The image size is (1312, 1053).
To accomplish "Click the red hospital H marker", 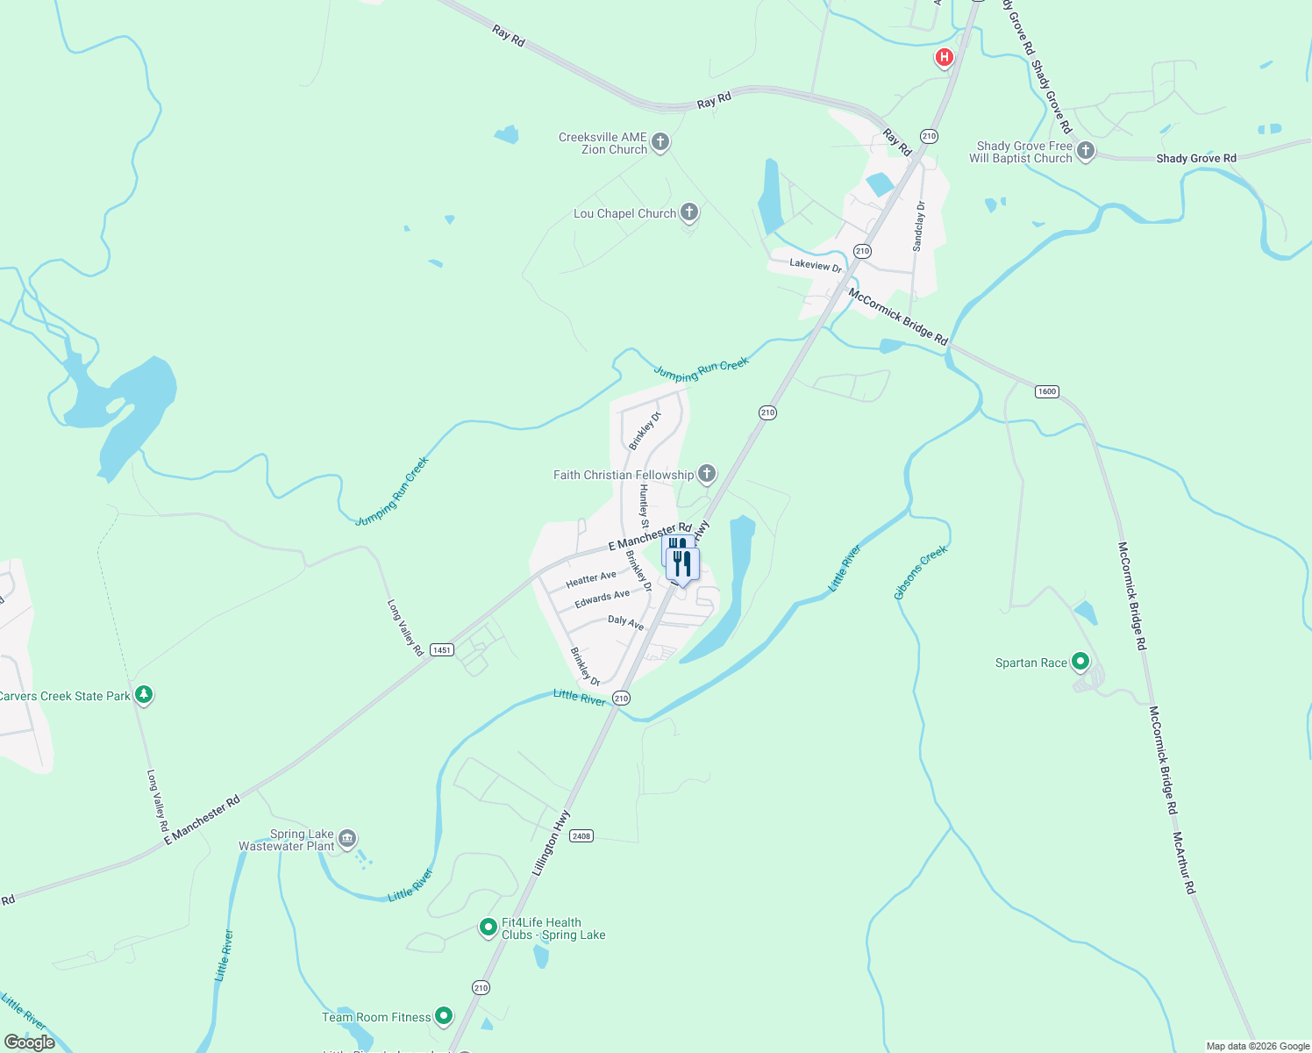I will point(944,58).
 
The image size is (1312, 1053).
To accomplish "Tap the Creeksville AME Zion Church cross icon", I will point(660,141).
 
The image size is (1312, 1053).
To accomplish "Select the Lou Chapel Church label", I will point(624,213).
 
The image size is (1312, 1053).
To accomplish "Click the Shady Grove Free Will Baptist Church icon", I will point(1085,151).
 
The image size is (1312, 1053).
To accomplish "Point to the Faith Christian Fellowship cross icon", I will point(706,474).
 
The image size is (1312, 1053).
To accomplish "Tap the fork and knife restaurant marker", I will point(682,563).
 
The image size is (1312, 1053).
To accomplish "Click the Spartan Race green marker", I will point(1080,662).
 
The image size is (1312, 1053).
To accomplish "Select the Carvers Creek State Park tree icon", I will point(144,695).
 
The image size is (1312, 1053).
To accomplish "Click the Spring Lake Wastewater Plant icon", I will point(347,838).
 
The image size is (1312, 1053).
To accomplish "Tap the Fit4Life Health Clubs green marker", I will point(488,927).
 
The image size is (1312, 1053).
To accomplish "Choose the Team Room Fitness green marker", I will point(444,1016).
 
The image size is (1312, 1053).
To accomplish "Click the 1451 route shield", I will point(442,650).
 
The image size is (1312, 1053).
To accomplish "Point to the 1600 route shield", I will point(1047,391).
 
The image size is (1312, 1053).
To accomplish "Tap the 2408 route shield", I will point(581,836).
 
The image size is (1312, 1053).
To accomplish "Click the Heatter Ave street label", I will point(591,579).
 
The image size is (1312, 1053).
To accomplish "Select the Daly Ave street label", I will point(626,622).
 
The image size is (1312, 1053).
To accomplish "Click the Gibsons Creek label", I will point(921,572).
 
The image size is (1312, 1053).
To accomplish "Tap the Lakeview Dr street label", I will point(816,265).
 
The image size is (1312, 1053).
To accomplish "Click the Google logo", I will point(30,1042).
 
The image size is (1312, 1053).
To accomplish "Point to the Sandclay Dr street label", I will point(919,226).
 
